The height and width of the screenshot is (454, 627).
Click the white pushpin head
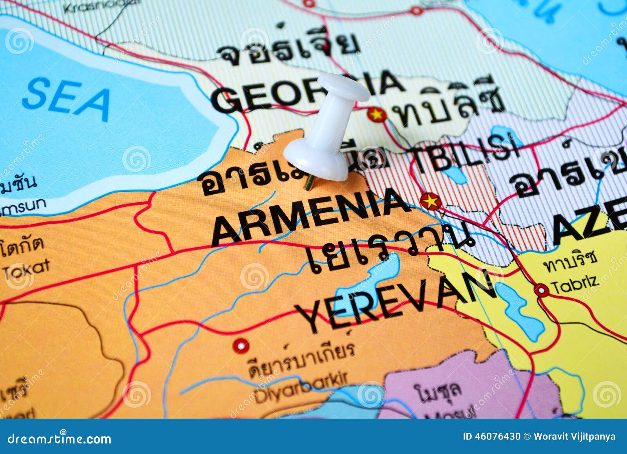pos(343,87)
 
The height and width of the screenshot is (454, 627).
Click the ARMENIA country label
pos(310,216)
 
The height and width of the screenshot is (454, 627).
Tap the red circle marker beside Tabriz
pos(542,290)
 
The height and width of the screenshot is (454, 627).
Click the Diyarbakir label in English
pos(302,388)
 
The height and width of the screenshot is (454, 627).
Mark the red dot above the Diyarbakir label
pos(241,346)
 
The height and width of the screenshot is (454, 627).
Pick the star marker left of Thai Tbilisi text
pos(377,115)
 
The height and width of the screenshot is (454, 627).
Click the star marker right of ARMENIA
pos(431,201)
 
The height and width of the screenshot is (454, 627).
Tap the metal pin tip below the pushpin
pos(308,183)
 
